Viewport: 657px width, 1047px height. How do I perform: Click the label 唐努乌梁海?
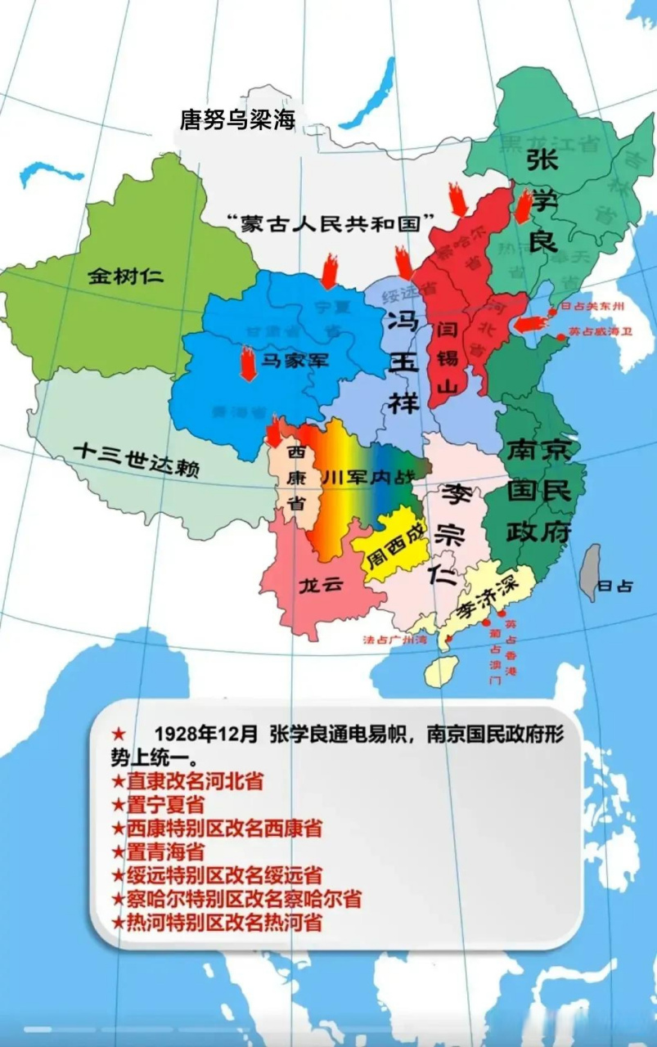236,120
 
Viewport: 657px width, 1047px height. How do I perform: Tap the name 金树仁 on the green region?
125,275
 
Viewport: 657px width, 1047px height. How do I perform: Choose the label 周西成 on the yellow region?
397,546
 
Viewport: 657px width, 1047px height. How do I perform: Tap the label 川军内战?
368,479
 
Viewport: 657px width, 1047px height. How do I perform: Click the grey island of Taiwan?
589,573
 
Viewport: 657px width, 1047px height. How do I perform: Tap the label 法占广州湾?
395,640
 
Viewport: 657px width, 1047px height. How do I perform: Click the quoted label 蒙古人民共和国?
331,222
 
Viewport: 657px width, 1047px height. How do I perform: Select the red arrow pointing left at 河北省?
531,323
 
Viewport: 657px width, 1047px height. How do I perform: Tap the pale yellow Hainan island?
441,671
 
